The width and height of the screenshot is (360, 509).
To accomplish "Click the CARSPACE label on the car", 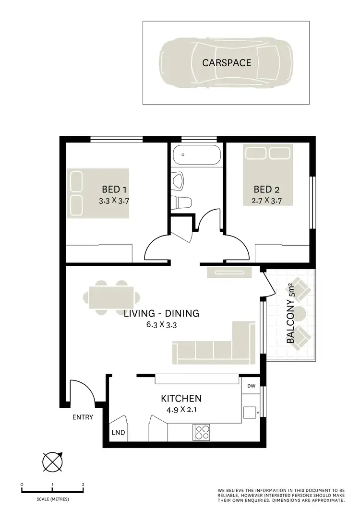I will [227, 63].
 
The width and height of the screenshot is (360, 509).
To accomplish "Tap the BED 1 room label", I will [114, 189].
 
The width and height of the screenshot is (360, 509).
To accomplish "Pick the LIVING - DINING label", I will [161, 314].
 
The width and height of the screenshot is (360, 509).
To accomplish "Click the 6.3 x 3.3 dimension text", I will [161, 325].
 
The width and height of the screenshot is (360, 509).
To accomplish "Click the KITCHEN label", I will [181, 398].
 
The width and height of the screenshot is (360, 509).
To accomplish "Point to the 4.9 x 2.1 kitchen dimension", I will [181, 410].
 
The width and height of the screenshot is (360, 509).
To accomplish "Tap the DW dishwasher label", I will [251, 386].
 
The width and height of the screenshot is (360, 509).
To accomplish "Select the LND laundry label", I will [118, 432].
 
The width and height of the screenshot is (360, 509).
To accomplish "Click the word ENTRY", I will [83, 417].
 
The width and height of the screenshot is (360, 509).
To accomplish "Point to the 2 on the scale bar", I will [83, 485].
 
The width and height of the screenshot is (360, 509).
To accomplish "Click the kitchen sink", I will [250, 412].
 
